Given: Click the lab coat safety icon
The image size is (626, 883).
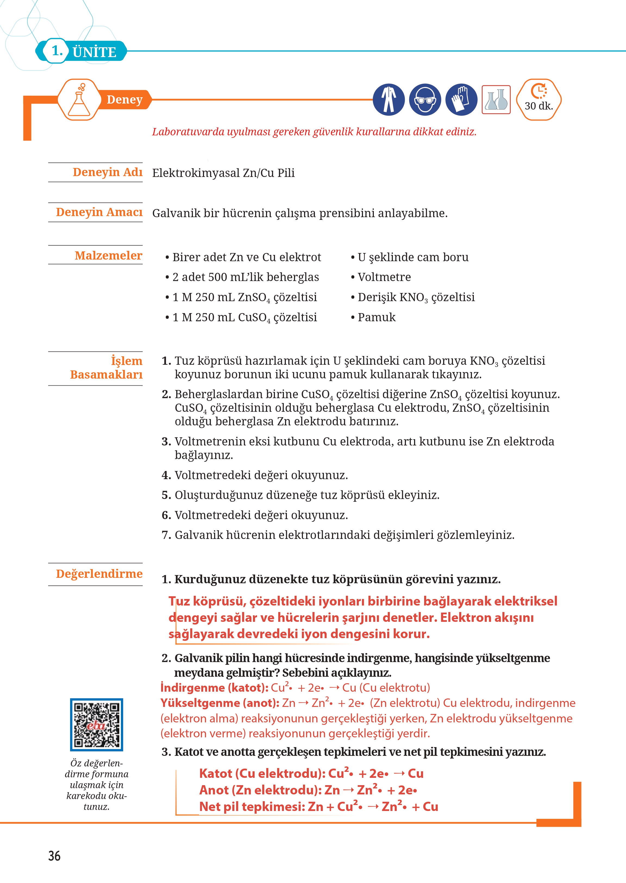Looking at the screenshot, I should pyautogui.click(x=389, y=100).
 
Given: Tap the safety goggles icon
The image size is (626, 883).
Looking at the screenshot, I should pyautogui.click(x=425, y=100).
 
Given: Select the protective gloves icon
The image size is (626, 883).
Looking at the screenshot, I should pyautogui.click(x=461, y=100).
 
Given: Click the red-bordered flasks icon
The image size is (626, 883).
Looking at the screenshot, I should pyautogui.click(x=496, y=100).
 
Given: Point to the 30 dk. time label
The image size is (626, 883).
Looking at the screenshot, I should pyautogui.click(x=539, y=106).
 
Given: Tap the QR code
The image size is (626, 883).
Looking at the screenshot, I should pyautogui.click(x=96, y=724).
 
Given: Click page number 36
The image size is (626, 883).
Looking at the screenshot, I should pyautogui.click(x=54, y=856).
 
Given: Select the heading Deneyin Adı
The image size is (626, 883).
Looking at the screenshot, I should pyautogui.click(x=108, y=172).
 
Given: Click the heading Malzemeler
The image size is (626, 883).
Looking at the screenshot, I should pyautogui.click(x=108, y=255).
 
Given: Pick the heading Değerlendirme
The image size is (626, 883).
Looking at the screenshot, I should pyautogui.click(x=99, y=574).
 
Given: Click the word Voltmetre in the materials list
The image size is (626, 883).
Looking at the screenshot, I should pyautogui.click(x=384, y=277).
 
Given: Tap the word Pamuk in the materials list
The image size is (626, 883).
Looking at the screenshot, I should pyautogui.click(x=376, y=317).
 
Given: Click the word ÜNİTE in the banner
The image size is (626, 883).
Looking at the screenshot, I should pyautogui.click(x=95, y=52).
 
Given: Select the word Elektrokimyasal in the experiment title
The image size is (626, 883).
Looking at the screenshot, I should pyautogui.click(x=196, y=173).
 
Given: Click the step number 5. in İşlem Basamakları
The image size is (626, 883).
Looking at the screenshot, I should pyautogui.click(x=166, y=495).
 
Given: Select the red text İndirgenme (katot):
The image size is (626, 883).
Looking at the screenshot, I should pyautogui.click(x=214, y=688).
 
